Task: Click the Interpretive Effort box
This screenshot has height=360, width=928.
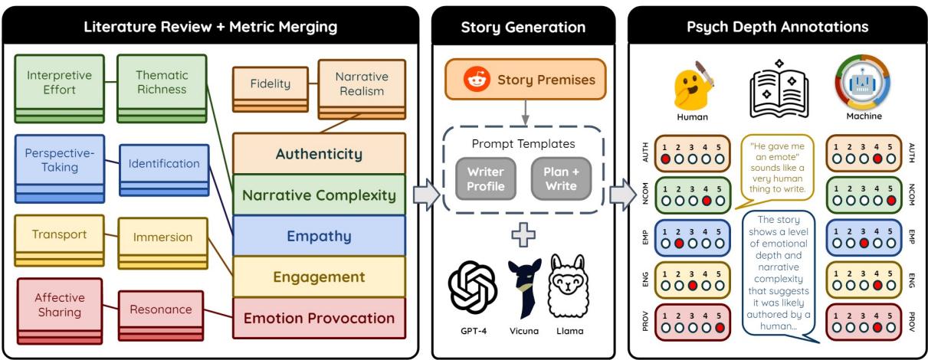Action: pos(58,82)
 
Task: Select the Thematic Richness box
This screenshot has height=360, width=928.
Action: pos(161,82)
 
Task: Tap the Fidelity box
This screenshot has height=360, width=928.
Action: pos(270,84)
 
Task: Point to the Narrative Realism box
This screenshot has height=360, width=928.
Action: pos(362,84)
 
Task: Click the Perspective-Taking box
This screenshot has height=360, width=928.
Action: pos(58,161)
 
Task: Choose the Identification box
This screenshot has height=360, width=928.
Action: pos(163,163)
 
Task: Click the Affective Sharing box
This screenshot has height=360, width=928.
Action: pos(58,304)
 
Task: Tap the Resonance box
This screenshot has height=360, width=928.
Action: pos(160,309)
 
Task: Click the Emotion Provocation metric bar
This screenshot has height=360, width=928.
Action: pos(319,318)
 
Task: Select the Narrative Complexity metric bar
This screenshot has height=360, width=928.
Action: pos(319,195)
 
